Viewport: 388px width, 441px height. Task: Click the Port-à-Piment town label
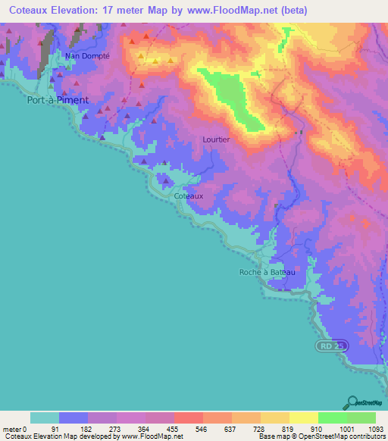(x=58, y=99)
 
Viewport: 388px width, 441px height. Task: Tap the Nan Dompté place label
(x=87, y=56)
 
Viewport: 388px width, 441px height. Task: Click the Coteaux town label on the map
(x=188, y=195)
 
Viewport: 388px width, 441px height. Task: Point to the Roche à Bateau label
(x=266, y=272)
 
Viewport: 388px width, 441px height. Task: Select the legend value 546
(x=200, y=429)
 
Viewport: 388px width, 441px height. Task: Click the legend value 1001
(x=346, y=429)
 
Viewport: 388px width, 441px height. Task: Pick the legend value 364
(x=142, y=429)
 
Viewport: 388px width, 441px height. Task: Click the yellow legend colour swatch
(x=303, y=418)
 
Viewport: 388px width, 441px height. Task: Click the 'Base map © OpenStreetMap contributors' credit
(x=321, y=436)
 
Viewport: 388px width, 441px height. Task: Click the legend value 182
(x=83, y=429)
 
